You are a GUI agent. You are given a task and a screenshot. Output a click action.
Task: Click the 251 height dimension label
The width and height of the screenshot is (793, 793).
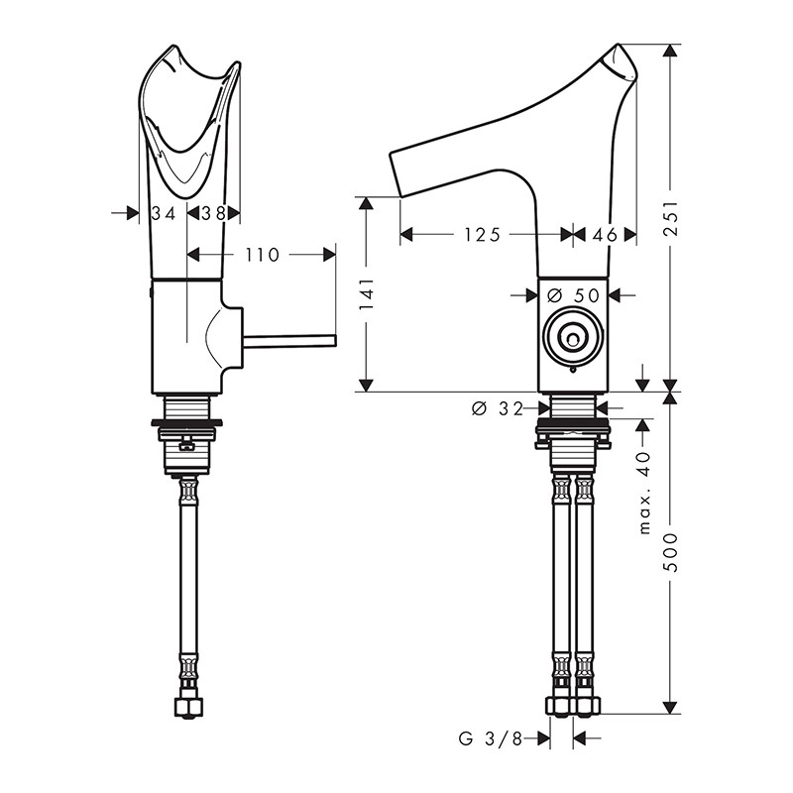tap(671, 218)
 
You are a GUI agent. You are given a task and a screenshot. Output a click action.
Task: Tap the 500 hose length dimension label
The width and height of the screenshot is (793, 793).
tap(671, 552)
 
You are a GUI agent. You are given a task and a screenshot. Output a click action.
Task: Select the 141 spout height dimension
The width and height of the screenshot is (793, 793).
tap(367, 293)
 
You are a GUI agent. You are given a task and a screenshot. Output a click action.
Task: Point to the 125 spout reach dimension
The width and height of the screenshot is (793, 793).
tap(482, 235)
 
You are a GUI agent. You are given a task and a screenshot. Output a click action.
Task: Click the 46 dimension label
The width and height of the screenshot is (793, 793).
tap(605, 235)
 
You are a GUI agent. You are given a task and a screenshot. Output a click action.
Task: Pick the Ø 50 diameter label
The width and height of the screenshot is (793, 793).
tap(574, 294)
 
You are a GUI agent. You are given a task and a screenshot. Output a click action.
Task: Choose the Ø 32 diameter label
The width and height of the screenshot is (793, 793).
tap(498, 408)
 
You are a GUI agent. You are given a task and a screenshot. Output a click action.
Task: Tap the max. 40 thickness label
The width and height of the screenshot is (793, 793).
tap(643, 494)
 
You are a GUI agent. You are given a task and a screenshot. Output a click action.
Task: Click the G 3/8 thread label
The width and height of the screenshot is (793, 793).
tap(491, 738)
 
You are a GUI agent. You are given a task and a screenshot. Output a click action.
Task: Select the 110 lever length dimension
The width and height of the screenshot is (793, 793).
tap(263, 255)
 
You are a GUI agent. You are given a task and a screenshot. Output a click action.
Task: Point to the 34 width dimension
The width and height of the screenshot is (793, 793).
tap(164, 213)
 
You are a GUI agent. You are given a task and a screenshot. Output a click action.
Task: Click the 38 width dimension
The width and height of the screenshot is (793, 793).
tap(213, 213)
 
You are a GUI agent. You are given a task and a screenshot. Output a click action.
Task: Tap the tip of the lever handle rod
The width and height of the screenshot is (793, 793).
tap(334, 340)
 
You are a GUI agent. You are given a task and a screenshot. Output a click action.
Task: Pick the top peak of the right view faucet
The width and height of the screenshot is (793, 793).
tap(618, 45)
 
